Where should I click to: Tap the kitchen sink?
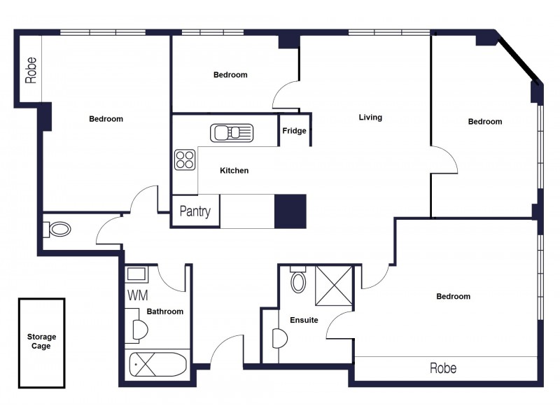pyautogui.click(x=233, y=132)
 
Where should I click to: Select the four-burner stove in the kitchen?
pyautogui.click(x=185, y=160)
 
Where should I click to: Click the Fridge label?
pyautogui.click(x=294, y=131)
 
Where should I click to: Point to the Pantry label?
pyautogui.click(x=195, y=211)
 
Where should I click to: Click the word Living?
pyautogui.click(x=370, y=118)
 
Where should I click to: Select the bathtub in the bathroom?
pyautogui.click(x=159, y=365)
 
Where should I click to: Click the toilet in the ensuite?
pyautogui.click(x=299, y=281)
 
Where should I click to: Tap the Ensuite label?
pyautogui.click(x=304, y=320)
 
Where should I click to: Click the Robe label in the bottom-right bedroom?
pyautogui.click(x=443, y=368)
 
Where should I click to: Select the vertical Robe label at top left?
pyautogui.click(x=31, y=70)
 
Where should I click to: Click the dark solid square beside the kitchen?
pyautogui.click(x=290, y=211)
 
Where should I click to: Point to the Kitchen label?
pyautogui.click(x=234, y=171)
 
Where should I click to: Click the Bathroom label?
pyautogui.click(x=164, y=311)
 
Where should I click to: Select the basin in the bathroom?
pyautogui.click(x=137, y=330)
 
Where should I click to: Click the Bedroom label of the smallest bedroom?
pyautogui.click(x=230, y=75)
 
